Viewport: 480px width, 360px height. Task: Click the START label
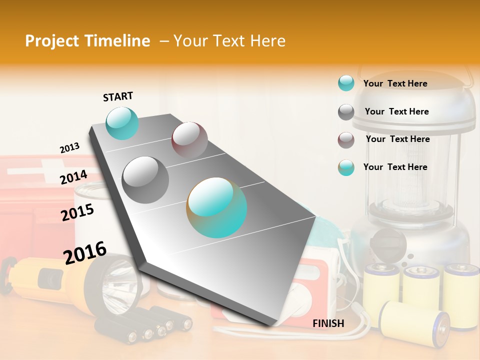118,96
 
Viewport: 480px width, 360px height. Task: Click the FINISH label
328,323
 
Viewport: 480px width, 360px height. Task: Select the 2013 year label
69,148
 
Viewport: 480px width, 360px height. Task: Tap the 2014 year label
73,177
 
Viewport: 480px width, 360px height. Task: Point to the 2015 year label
77,212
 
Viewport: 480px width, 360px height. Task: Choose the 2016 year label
85,253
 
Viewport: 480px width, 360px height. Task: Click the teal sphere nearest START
122,123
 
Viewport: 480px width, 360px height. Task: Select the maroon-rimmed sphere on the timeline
189,139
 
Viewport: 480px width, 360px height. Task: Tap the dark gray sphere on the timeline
145,179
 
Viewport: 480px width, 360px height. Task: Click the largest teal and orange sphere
216,207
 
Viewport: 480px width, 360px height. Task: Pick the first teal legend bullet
346,83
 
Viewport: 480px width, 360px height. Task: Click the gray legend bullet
346,112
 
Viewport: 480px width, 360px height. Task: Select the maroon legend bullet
346,140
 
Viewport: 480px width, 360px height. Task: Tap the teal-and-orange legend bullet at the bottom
346,167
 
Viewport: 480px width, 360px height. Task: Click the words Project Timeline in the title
87,41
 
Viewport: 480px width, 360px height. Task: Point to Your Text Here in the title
229,41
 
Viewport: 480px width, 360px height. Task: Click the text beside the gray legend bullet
396,111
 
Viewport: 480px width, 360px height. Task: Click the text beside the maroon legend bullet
397,139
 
